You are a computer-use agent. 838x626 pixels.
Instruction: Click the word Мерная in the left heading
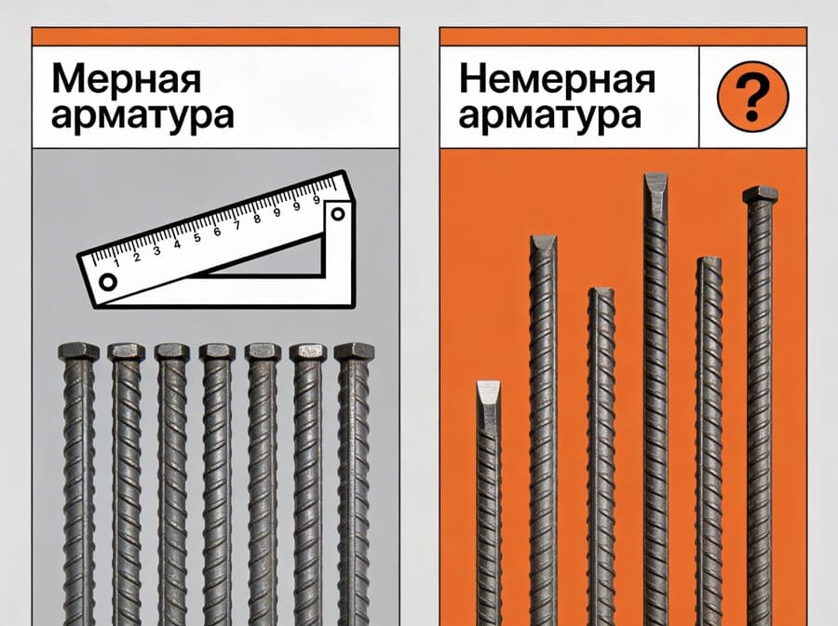pos(126,80)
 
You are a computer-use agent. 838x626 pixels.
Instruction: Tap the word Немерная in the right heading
pos(557,80)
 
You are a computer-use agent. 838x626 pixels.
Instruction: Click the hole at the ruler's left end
pos(108,282)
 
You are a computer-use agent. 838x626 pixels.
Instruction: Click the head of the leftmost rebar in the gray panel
pos(77,352)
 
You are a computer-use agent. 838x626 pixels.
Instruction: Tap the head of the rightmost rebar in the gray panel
pos(354,352)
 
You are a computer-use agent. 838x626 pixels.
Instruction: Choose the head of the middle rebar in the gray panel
pos(217,352)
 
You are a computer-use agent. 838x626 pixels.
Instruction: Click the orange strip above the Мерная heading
pos(215,36)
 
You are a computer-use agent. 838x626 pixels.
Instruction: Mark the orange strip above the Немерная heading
pos(622,36)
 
